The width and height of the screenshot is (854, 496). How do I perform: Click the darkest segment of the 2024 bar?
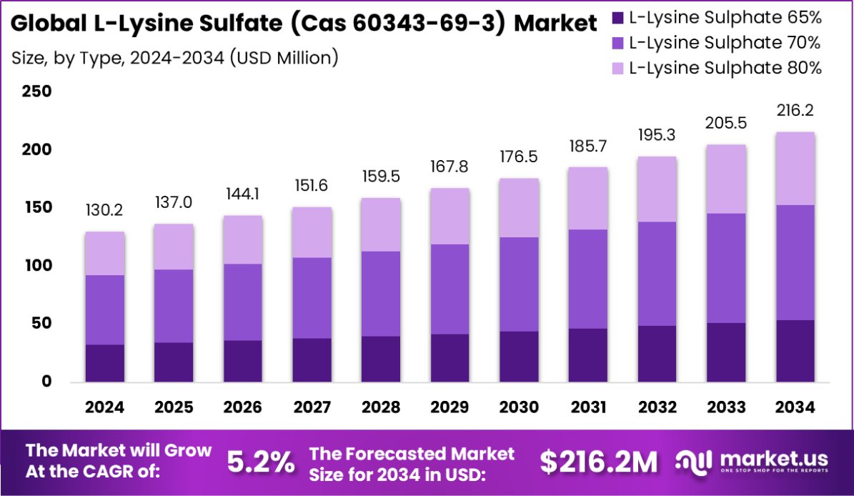pos(104,363)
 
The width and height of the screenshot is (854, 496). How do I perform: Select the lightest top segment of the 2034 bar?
pos(795,169)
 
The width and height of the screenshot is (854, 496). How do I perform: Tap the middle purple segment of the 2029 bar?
pos(450,289)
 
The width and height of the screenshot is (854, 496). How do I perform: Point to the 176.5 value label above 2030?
pos(519,157)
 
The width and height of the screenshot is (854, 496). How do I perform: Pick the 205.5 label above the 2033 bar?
pos(726,123)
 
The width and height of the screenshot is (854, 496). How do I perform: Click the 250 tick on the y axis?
pos(36,91)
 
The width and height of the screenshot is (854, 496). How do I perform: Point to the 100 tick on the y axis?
pos(36,266)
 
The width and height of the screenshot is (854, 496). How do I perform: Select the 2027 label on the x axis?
pos(312,407)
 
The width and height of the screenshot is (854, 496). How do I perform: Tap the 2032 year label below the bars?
pos(657,407)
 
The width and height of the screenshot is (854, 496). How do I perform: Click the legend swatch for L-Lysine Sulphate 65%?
pos(617,16)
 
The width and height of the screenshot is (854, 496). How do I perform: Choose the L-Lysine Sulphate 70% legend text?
pos(725,42)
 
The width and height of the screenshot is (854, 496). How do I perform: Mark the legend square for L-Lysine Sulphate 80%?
pos(617,68)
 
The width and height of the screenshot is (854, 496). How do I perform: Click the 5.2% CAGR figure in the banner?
pos(260,463)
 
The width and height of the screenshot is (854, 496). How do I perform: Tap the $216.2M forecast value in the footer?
pos(598,463)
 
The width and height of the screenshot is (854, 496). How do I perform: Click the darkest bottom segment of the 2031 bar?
pos(588,354)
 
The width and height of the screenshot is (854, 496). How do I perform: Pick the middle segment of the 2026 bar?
pos(242,302)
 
